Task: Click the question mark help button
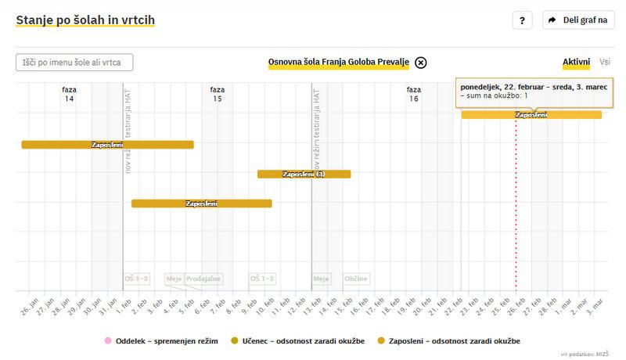point(522,20)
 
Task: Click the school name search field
point(74,63)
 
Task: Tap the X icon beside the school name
point(421,63)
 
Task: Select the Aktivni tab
point(576,62)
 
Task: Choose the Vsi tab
point(605,62)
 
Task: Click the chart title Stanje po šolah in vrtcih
point(85,20)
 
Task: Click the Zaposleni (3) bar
point(304,174)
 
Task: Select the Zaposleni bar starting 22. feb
point(531,115)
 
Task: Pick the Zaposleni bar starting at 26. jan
point(107,145)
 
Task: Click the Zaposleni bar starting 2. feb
point(201,203)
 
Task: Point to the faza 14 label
point(70,95)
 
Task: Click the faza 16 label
point(413,95)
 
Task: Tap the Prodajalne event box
point(204,279)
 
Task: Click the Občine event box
point(356,279)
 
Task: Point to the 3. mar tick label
point(595,304)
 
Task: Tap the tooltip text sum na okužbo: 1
point(495,95)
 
